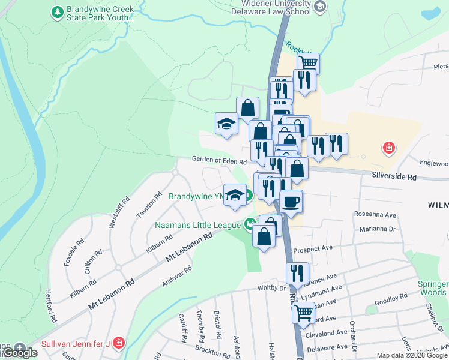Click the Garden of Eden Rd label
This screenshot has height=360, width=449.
point(219,161)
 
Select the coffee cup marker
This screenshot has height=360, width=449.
point(291,201)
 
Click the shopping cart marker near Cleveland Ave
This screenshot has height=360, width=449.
point(304,313)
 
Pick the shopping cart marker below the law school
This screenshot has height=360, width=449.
point(308,63)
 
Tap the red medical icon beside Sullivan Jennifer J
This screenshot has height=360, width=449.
point(119,343)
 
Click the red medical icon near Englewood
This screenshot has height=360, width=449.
point(389,148)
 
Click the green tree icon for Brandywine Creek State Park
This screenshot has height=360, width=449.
point(57,11)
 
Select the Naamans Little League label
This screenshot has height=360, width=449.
point(198,226)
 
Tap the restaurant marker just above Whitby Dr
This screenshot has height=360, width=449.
point(297,272)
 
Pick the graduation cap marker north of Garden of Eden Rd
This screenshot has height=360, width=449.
point(226,123)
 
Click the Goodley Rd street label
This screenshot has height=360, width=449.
point(394,298)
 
